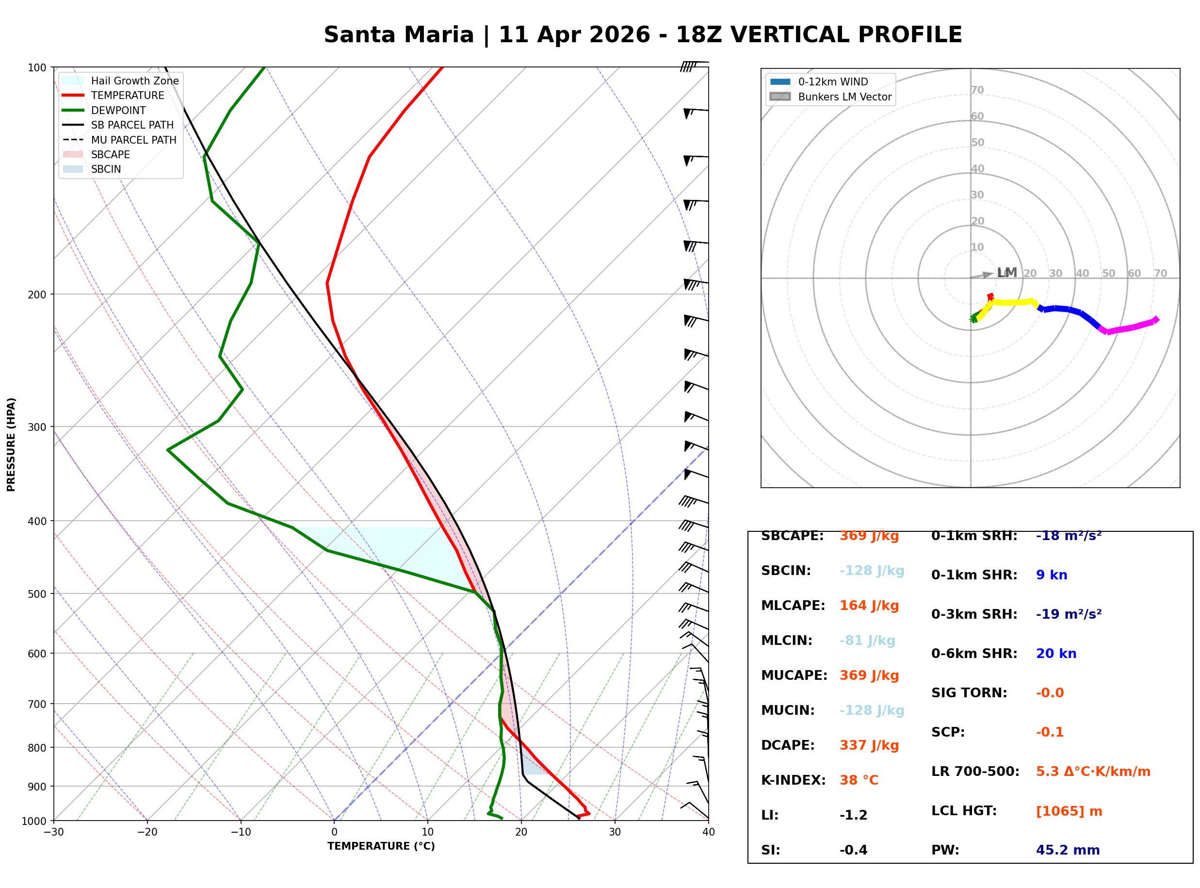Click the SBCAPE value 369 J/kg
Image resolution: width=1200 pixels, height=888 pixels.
pos(869,536)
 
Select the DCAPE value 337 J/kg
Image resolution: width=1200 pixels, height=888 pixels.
pos(869,745)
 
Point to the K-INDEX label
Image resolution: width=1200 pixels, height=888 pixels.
pos(793,780)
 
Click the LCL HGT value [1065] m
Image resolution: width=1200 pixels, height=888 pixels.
pos(1069,811)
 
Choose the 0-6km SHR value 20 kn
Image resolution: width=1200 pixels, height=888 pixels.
pos(1055,654)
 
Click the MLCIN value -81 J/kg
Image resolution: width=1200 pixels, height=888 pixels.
pos(867,641)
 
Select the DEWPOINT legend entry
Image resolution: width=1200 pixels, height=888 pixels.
pos(118,110)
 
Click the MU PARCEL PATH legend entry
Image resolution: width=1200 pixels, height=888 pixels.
pos(133,140)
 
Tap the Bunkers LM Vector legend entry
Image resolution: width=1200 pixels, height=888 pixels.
pos(844,97)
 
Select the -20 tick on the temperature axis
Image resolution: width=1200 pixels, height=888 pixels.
pos(146,832)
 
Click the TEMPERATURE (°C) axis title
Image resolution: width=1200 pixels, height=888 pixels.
pos(381,846)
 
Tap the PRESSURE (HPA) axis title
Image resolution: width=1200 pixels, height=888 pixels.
pos(11,444)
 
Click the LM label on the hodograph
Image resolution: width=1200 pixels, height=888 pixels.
pos(1006,273)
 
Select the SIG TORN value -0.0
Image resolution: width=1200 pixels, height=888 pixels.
pos(1050,693)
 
